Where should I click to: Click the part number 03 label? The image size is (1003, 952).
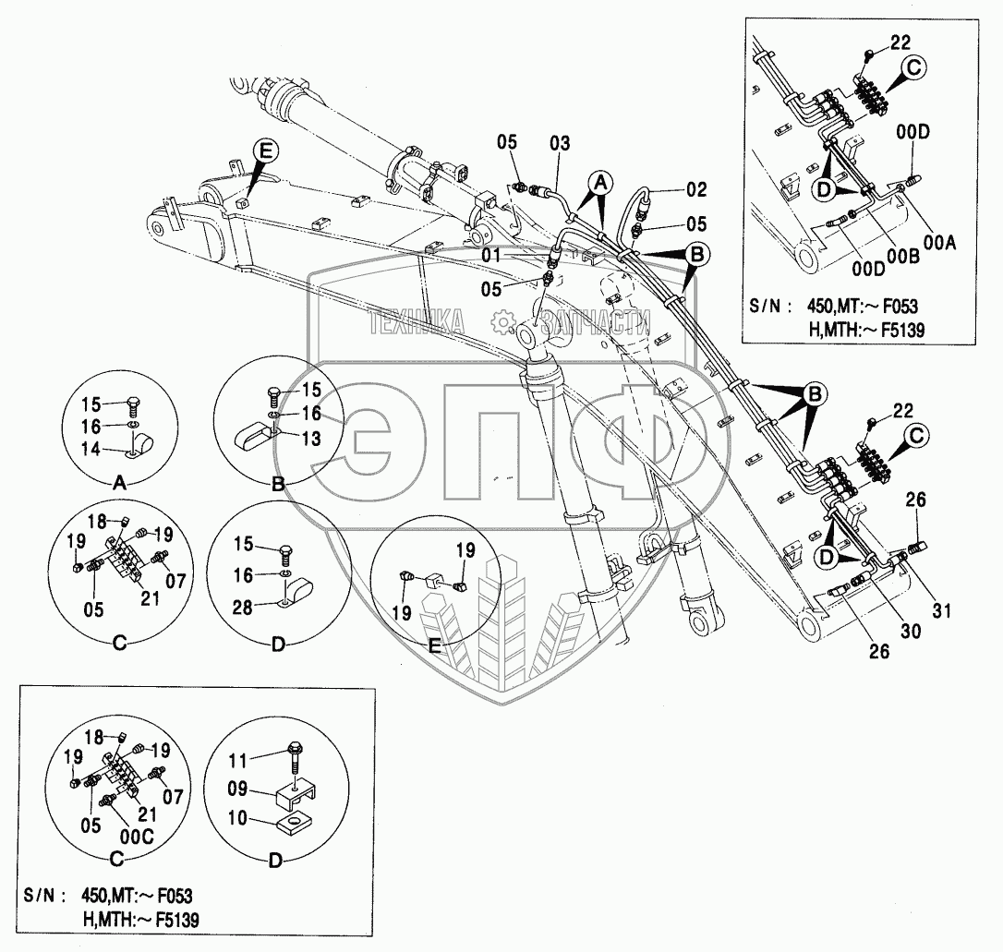560,143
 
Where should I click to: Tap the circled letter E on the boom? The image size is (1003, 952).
265,151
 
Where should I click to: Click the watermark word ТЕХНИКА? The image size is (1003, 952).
417,322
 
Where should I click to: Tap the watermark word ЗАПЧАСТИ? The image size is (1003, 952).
596,322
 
